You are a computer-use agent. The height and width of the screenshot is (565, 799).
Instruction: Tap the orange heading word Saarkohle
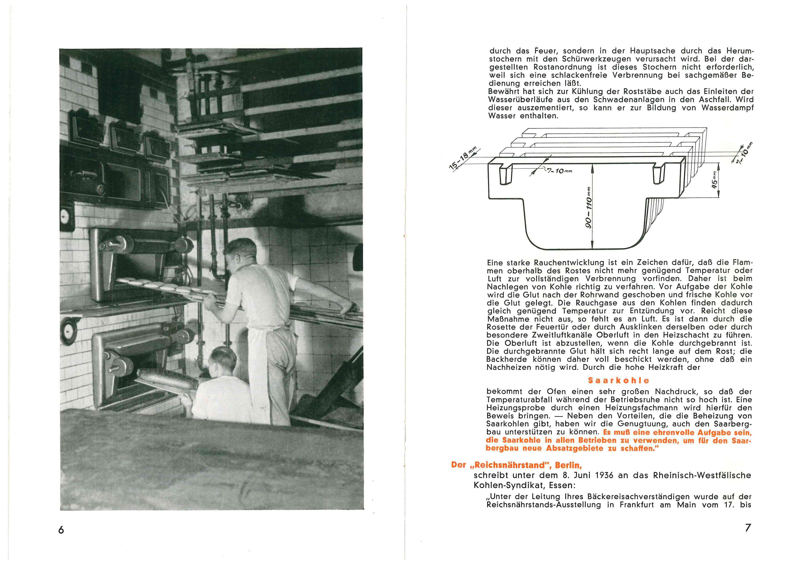619,381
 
